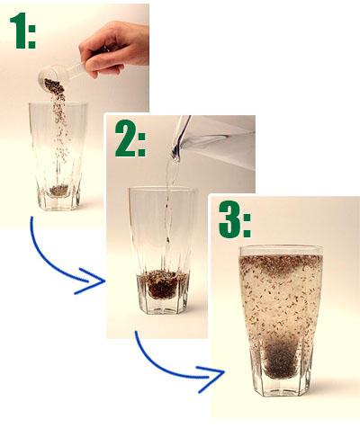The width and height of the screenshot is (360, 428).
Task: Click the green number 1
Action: click(x=19, y=31)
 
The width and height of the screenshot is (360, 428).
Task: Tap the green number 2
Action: click(x=126, y=138)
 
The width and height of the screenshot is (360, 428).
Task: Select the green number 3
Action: click(x=229, y=219)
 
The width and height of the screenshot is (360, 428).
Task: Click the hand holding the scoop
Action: click(x=116, y=48)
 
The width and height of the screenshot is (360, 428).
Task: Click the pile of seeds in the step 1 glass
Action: click(x=58, y=191)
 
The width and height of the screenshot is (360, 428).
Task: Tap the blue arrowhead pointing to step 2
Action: click(x=90, y=281)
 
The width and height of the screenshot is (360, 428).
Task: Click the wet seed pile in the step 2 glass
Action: click(x=162, y=284)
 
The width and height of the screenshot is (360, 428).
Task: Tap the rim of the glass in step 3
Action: click(x=282, y=250)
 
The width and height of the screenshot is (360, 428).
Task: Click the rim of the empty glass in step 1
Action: click(x=58, y=104)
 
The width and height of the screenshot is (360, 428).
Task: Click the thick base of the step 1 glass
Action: click(x=58, y=201)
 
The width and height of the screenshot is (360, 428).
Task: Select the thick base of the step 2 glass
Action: click(x=163, y=305)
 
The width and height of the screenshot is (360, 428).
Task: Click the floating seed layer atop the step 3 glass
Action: click(x=281, y=263)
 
